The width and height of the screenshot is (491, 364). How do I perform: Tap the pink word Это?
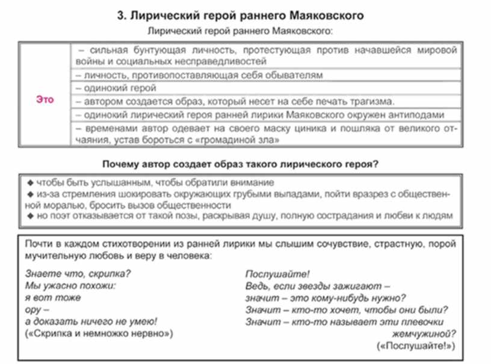pos(45,100)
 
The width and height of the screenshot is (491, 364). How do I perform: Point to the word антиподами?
pos(418,114)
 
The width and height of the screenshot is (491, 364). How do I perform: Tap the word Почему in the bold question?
pos(123,164)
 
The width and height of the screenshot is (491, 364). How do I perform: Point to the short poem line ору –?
pos(37,309)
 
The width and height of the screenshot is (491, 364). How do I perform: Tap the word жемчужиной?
pos(421,334)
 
